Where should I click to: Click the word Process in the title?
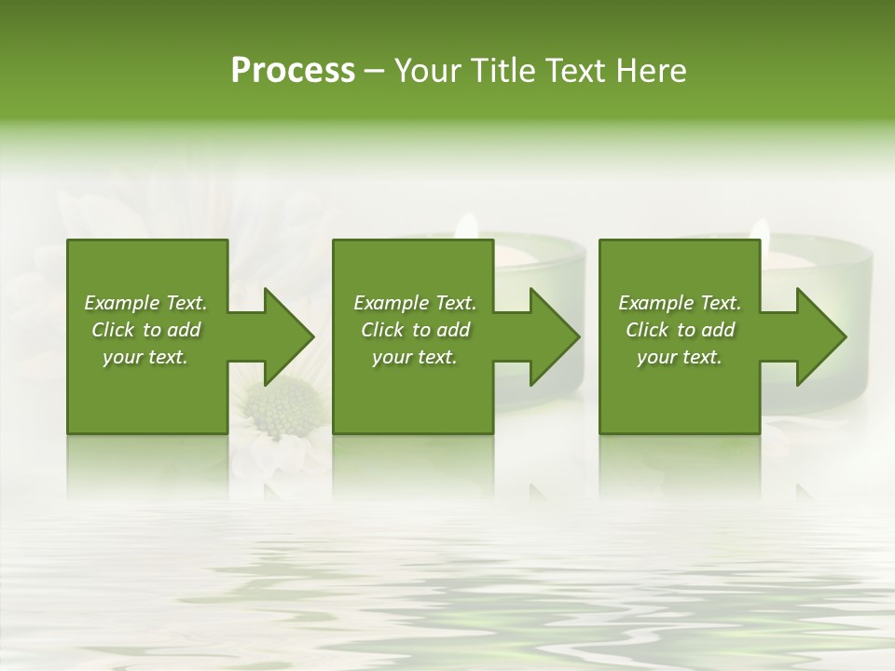click(293, 71)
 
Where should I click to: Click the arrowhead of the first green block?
click(285, 336)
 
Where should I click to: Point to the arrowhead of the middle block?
click(551, 336)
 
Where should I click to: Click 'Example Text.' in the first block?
click(145, 303)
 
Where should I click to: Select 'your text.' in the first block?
click(145, 357)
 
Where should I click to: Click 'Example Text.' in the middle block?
click(415, 303)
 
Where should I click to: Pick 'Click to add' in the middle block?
click(415, 330)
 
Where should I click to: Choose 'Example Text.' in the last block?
click(680, 303)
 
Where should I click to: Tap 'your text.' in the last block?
click(680, 357)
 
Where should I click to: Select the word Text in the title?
click(575, 71)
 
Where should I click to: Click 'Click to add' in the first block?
click(145, 330)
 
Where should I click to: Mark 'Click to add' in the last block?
click(680, 330)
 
